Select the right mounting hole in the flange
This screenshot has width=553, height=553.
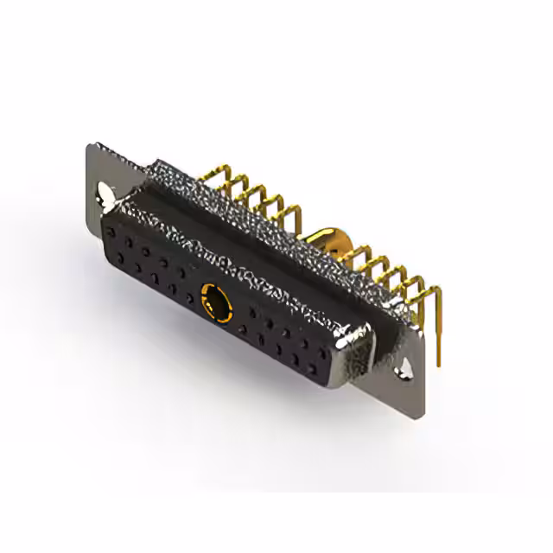(404, 372)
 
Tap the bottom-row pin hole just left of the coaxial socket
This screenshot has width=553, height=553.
(189, 299)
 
